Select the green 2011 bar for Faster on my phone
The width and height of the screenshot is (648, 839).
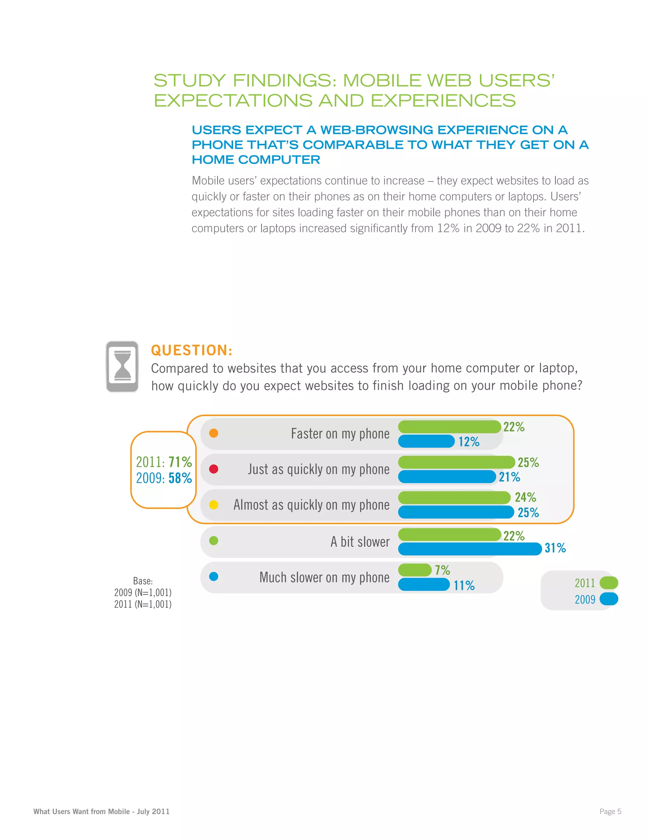[449, 427]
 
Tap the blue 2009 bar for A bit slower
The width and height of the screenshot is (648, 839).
[470, 549]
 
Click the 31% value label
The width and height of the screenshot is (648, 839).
[555, 548]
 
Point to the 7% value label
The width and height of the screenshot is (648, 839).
[442, 570]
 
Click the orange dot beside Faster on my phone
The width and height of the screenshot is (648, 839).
[214, 433]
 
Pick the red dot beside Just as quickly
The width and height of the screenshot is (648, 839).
[214, 469]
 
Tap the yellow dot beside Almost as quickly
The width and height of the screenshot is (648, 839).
[214, 505]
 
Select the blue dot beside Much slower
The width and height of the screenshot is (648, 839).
[214, 577]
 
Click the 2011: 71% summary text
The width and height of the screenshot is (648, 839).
[164, 462]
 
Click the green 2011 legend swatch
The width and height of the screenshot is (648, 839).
[608, 583]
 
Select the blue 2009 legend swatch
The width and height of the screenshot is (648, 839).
[608, 599]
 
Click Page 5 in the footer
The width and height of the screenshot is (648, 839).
[610, 811]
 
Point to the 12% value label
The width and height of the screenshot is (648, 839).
[469, 442]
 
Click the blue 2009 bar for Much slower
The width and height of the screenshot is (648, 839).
[424, 585]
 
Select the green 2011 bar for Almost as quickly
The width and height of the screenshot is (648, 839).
[454, 498]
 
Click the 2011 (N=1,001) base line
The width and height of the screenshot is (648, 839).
[143, 604]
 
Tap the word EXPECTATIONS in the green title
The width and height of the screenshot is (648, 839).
[233, 101]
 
